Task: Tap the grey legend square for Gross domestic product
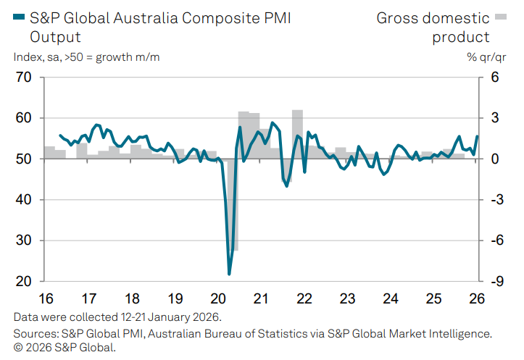499,16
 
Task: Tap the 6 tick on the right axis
494,77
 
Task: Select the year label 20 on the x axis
218,298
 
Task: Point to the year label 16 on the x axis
45,298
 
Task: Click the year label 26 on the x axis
478,298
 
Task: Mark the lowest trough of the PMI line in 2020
229,274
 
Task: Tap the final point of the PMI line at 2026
477,136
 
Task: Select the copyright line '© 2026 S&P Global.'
65,347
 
